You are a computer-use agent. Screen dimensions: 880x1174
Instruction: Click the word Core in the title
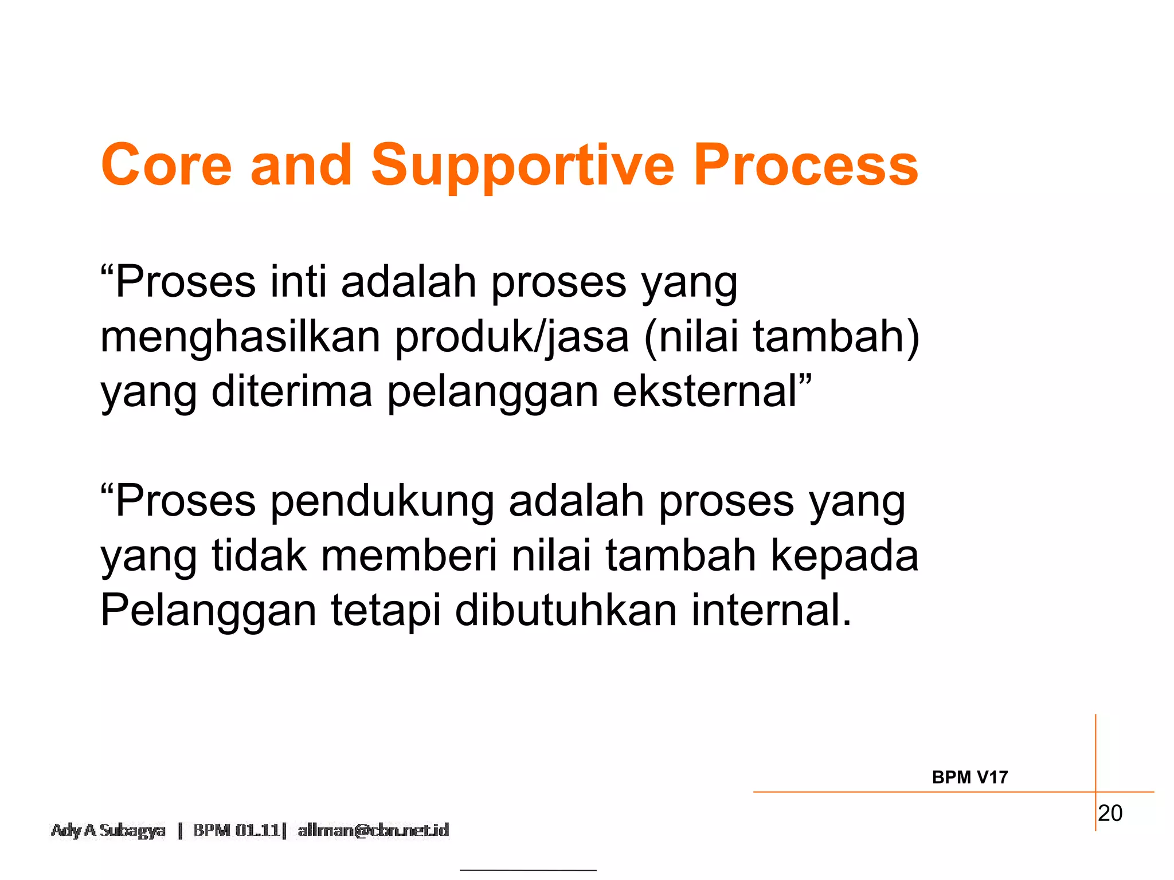point(166,165)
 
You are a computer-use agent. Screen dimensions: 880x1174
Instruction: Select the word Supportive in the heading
point(523,166)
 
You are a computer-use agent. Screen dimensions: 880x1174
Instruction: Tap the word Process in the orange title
point(805,165)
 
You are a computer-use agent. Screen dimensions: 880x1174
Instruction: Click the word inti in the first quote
point(298,282)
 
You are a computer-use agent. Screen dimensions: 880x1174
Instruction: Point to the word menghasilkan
point(240,337)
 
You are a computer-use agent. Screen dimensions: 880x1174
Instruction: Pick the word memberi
point(409,556)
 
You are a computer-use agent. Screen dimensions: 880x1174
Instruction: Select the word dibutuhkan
point(566,611)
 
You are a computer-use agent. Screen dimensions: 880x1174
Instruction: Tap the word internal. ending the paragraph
point(772,611)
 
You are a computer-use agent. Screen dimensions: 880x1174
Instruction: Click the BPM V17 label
point(969,777)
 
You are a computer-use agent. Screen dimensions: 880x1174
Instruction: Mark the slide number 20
point(1110,814)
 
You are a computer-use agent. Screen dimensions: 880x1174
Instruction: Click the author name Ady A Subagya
point(108,831)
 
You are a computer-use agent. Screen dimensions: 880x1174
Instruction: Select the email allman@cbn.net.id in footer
point(373,830)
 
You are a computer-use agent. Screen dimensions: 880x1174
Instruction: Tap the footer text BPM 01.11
point(236,830)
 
